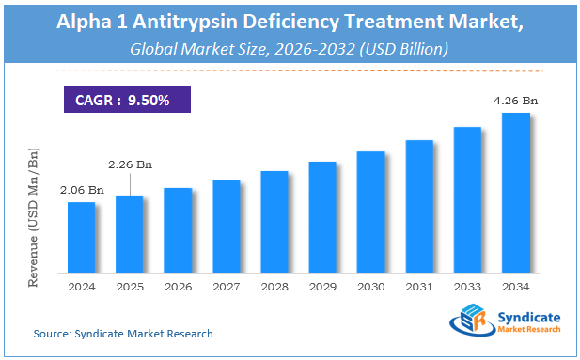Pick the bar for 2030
[370, 211]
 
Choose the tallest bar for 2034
[515, 193]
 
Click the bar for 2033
[467, 199]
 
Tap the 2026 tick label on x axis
[178, 287]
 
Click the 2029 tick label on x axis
[322, 287]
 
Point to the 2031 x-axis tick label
[419, 287]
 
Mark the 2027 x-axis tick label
[226, 287]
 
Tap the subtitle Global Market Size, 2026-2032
[290, 47]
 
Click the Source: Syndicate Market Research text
[122, 334]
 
